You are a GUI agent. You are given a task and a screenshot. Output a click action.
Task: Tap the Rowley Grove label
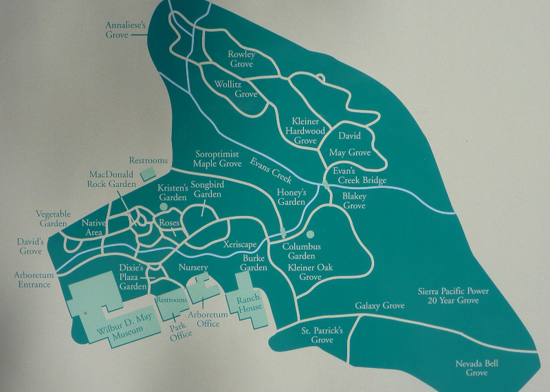tap(241, 59)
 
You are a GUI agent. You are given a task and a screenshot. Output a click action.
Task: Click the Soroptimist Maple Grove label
tap(218, 160)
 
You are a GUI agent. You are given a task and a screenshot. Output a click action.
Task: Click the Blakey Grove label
tap(355, 201)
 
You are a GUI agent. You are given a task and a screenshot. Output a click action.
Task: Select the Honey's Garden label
tap(291, 197)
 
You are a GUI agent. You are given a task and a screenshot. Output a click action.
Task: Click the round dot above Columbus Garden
tap(311, 234)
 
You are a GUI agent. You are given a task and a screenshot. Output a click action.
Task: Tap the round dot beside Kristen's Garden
tap(164, 206)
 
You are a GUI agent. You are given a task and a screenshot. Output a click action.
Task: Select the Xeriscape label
tap(240, 244)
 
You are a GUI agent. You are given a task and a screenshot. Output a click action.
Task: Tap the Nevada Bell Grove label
tap(476, 368)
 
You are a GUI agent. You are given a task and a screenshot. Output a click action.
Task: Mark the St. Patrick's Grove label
tap(322, 335)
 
